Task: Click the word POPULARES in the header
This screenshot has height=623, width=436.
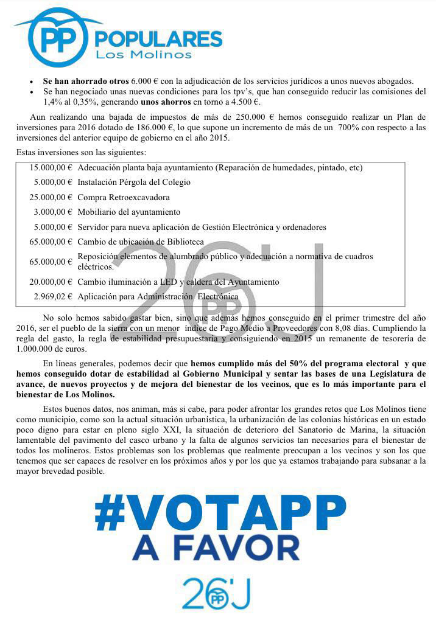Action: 156,40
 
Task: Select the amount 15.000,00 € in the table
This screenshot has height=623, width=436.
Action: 51,167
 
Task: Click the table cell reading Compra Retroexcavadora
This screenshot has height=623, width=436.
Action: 124,197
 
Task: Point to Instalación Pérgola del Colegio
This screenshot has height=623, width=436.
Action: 134,182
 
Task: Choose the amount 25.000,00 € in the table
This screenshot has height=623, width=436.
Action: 51,197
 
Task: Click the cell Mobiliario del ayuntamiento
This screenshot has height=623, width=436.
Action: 129,212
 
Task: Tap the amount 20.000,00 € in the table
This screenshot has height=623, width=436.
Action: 51,282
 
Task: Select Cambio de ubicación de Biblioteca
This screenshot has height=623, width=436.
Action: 141,242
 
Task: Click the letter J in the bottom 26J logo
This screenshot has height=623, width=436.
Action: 242,593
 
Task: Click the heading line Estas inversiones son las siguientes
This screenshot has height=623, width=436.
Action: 81,151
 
